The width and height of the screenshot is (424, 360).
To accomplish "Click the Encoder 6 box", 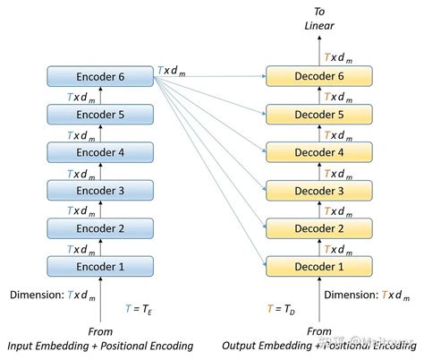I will (100, 77).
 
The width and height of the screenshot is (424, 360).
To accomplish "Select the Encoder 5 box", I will (100, 115).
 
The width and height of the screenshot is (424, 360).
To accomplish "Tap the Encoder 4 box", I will (100, 152).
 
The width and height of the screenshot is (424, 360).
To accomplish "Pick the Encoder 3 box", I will (100, 190).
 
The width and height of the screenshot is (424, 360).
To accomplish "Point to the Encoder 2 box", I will (100, 227).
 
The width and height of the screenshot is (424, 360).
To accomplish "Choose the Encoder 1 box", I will (100, 266).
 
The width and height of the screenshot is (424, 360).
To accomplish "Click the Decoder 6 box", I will (319, 77).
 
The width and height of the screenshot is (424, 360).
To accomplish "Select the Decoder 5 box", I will (319, 115).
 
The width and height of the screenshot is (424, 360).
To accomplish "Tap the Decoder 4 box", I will (319, 152).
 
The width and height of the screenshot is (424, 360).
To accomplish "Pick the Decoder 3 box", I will (319, 190).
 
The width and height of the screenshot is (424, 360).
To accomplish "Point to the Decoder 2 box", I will (319, 227).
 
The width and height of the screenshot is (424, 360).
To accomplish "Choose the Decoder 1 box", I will (319, 266).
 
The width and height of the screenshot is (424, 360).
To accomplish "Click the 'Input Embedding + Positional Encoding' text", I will (100, 346).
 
